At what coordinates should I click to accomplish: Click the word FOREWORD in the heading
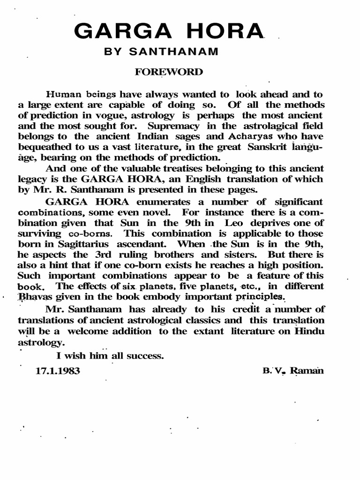170,72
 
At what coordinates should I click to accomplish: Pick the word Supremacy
167,126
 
